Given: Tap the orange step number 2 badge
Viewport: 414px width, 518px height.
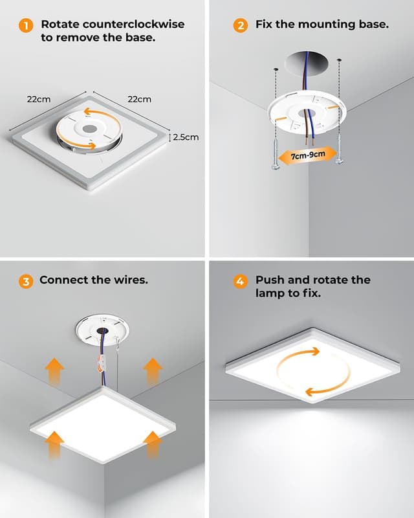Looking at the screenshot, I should (x=241, y=26).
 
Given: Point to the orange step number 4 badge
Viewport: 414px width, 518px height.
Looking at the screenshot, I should (x=241, y=281).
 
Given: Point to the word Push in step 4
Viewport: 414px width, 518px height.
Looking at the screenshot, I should (x=270, y=280).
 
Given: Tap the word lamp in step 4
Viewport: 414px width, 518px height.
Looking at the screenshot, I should (x=272, y=293).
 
